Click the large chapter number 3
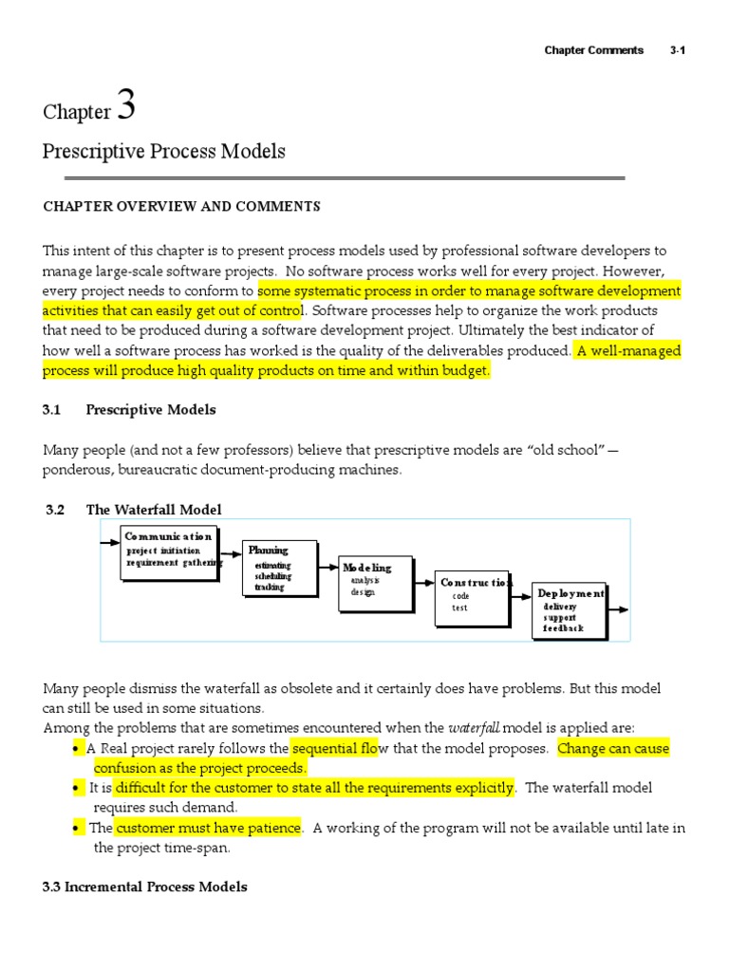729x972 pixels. pos(125,105)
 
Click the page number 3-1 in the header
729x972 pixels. pos(677,50)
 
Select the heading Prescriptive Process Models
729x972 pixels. pos(164,152)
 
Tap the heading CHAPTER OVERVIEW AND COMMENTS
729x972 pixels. pos(181,206)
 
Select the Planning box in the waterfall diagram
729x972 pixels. pos(276,570)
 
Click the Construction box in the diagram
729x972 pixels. pos(471,598)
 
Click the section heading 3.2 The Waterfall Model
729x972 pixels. pos(135,510)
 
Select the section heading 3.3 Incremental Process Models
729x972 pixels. pos(145,887)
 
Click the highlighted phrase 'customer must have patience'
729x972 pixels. pos(208,828)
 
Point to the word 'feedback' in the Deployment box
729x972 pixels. pos(563,628)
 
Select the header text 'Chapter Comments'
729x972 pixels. pos(593,50)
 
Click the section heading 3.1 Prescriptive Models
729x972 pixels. pos(129,410)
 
